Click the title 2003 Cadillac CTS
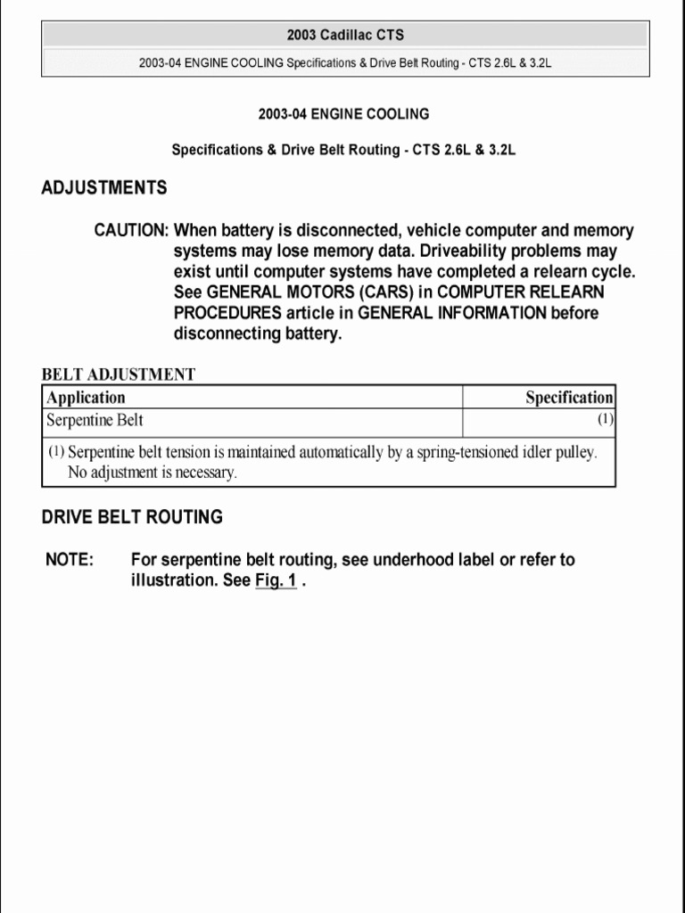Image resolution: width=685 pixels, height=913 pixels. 344,36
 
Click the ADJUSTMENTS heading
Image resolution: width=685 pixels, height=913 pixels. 104,188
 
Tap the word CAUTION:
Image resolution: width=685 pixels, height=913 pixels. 131,231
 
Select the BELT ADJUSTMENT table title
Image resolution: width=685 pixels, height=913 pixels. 119,374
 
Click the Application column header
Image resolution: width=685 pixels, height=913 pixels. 86,398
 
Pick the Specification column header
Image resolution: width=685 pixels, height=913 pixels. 569,398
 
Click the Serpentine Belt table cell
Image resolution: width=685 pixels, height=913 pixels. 95,420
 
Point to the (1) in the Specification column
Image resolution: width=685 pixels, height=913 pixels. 605,419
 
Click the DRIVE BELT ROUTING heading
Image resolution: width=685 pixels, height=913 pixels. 132,517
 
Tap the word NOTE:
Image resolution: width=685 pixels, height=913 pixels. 70,560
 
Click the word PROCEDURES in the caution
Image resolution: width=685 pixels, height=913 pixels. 221,313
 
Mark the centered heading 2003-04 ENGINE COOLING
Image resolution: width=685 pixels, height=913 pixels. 343,114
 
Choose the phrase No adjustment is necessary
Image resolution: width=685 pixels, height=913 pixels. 153,473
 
